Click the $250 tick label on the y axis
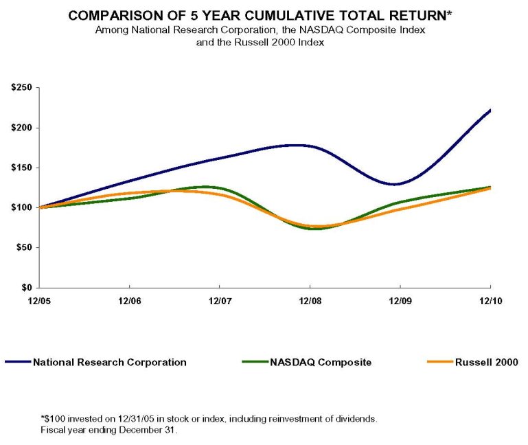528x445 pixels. [x=21, y=88]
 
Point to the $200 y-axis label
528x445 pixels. [x=21, y=128]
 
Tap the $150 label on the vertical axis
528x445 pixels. [x=21, y=168]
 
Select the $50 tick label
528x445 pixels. [x=24, y=248]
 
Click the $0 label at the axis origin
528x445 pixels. [x=27, y=288]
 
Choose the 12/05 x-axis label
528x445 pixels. [x=39, y=301]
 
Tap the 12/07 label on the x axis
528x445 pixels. [x=220, y=301]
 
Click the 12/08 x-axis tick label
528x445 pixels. [x=310, y=301]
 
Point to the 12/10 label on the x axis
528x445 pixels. [x=491, y=301]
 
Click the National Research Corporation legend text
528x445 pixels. [x=110, y=362]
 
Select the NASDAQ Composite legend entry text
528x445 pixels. [x=321, y=362]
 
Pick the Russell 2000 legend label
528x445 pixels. [x=486, y=362]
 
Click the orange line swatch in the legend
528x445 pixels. [x=440, y=362]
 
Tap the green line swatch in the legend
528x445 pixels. [x=255, y=362]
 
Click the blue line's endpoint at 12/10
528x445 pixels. [x=490, y=110]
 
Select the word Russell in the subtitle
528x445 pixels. [x=249, y=43]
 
